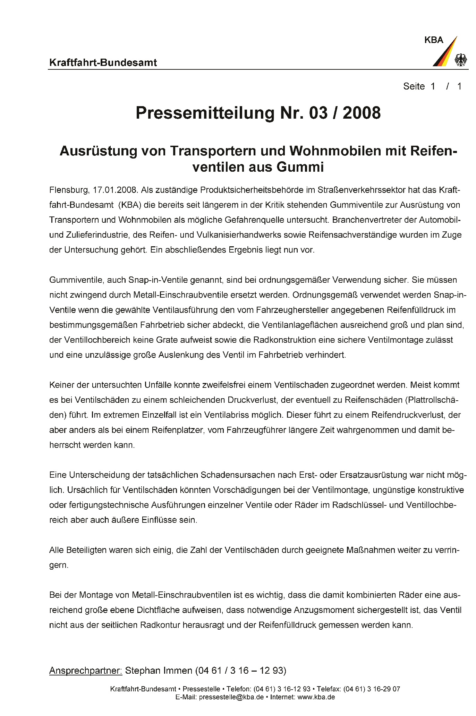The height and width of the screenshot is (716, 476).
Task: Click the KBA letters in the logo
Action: click(434, 40)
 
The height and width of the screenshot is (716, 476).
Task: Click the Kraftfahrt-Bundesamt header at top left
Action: click(103, 63)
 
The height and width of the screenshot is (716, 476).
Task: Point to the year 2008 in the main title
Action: click(362, 113)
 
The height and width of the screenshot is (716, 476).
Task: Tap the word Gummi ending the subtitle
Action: click(300, 167)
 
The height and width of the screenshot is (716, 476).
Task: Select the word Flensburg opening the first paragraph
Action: click(69, 190)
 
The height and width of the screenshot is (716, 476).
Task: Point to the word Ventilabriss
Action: click(230, 415)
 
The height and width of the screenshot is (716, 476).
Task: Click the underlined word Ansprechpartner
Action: click(86, 671)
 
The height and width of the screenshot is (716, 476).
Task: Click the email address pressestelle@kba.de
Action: click(231, 697)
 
